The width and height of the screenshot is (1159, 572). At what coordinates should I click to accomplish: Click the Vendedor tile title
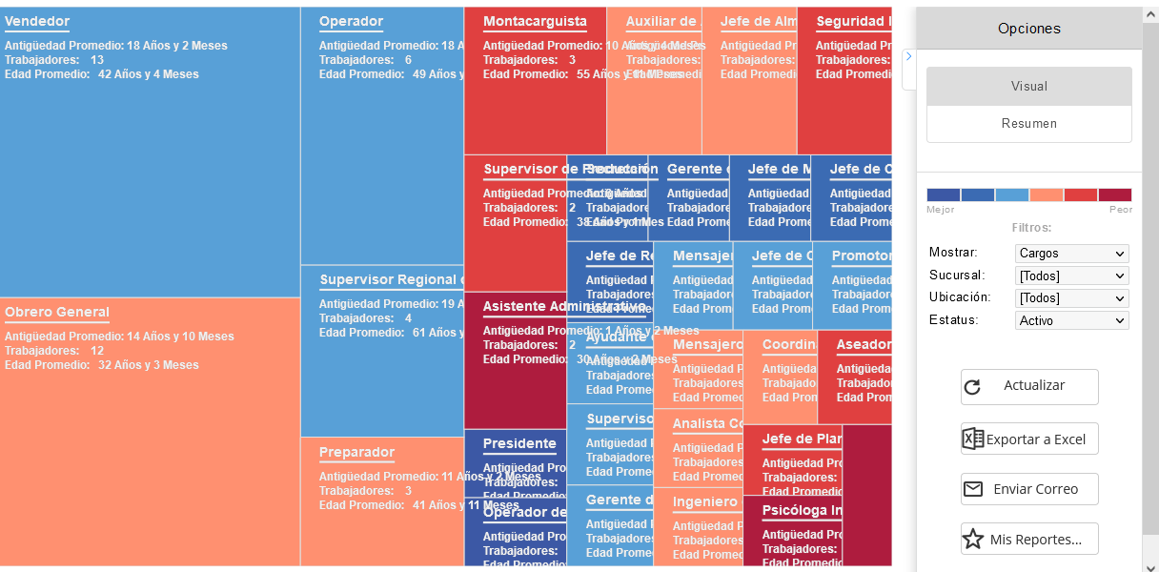click(x=37, y=22)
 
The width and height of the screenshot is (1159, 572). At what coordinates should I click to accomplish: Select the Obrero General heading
click(x=57, y=313)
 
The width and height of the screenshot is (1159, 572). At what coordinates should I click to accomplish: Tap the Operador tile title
click(x=351, y=22)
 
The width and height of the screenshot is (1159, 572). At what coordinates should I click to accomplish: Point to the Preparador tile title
click(x=356, y=453)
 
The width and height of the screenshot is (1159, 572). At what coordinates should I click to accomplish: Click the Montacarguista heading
click(x=535, y=22)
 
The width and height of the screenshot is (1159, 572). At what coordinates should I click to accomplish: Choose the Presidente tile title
click(x=519, y=444)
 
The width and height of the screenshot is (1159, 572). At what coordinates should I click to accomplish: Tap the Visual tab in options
click(x=1029, y=87)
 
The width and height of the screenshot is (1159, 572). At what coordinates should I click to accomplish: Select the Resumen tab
click(x=1029, y=124)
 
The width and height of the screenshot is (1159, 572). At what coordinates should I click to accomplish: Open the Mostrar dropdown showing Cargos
click(x=1071, y=254)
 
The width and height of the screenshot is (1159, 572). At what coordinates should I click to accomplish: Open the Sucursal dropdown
click(x=1071, y=276)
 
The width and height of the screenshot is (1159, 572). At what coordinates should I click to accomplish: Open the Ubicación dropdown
click(x=1071, y=298)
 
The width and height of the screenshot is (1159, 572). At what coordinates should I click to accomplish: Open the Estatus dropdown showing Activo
click(x=1071, y=321)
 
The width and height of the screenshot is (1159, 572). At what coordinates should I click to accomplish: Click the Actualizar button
click(x=1029, y=387)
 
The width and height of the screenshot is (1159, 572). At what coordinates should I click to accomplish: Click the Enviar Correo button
click(x=1029, y=489)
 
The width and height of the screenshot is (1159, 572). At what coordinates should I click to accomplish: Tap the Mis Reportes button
click(x=1029, y=540)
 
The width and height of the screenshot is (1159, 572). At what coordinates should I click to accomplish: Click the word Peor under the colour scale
click(x=1120, y=210)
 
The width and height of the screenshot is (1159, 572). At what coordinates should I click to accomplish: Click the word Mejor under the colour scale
click(x=941, y=210)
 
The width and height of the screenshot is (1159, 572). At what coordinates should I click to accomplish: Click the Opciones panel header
click(x=1029, y=29)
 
